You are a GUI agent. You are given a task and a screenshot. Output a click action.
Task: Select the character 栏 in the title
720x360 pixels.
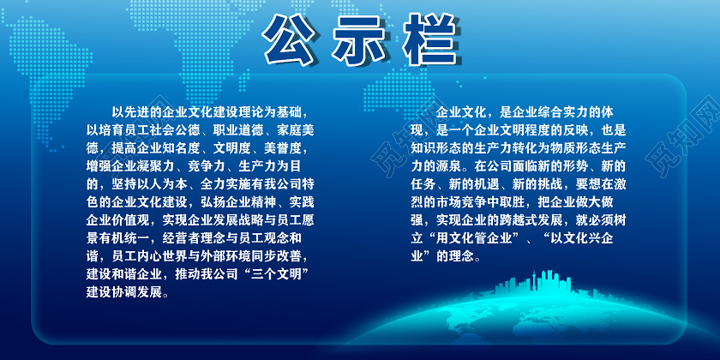tap(426, 39)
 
